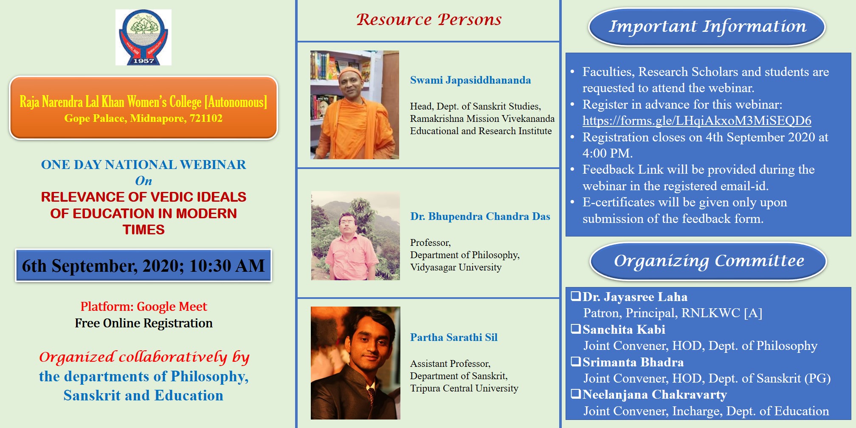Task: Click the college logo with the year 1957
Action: pos(144,37)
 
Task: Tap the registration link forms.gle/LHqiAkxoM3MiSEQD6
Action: pos(697,121)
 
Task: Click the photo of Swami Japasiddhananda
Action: pos(355,105)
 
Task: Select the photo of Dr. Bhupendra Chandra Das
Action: pos(355,236)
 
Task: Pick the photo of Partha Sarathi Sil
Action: pos(355,363)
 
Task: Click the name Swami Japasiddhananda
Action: pos(470,80)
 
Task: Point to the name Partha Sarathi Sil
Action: pos(453,337)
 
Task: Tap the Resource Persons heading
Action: pos(429,20)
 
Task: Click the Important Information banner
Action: pos(707,27)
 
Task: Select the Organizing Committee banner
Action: pos(709,261)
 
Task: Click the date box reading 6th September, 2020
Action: pos(144,265)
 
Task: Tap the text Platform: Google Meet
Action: pos(144,307)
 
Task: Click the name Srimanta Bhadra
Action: pos(633,362)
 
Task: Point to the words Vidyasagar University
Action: pos(456,267)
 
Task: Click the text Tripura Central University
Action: pos(464,389)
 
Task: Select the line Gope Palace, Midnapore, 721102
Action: pos(144,118)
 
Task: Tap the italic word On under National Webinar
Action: pos(144,181)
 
